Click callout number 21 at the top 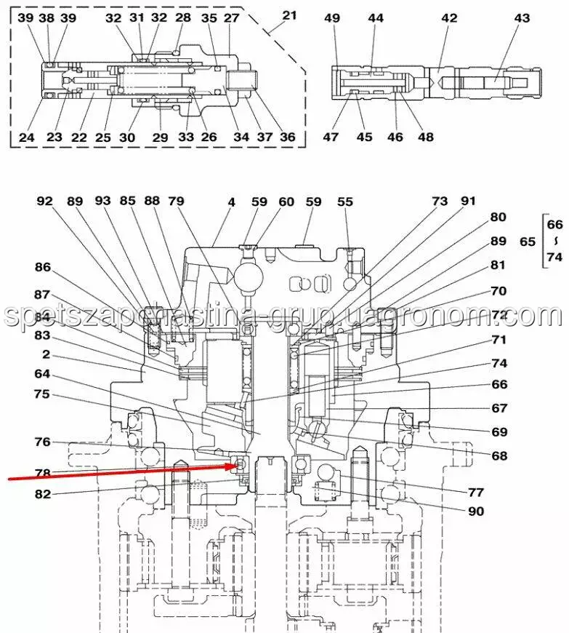[290, 16]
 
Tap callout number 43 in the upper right [522, 17]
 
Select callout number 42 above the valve [450, 17]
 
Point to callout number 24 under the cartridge [27, 138]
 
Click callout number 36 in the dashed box [288, 138]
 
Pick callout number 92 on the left [45, 202]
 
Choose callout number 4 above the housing [231, 202]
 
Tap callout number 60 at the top [286, 202]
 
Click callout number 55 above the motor [345, 202]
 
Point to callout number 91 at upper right [467, 202]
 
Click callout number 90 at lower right [476, 511]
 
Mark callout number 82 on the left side [43, 494]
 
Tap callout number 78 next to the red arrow [43, 474]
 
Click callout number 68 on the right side [499, 456]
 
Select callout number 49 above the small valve [332, 17]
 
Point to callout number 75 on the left [43, 394]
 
